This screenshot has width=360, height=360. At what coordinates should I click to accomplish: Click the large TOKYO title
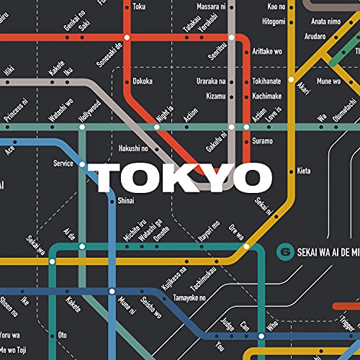click(179, 176)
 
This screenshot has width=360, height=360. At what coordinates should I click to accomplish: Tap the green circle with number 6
click(285, 253)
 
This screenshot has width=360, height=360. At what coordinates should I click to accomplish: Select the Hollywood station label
click(89, 111)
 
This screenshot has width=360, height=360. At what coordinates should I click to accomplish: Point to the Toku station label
click(140, 6)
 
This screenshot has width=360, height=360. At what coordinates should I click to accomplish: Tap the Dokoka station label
click(143, 81)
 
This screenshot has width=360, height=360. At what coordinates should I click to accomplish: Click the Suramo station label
click(263, 140)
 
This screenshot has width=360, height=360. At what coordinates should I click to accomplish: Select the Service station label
click(63, 164)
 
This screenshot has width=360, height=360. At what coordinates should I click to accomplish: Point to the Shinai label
click(126, 201)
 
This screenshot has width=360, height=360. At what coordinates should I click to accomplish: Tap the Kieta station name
click(304, 171)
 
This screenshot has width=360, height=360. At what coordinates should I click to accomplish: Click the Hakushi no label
click(133, 148)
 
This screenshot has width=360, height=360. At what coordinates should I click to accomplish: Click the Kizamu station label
click(214, 95)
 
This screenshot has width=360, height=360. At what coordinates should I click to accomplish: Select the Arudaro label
click(315, 35)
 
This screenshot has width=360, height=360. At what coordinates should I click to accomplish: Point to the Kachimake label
click(268, 95)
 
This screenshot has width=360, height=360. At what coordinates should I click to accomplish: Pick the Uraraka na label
click(211, 81)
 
